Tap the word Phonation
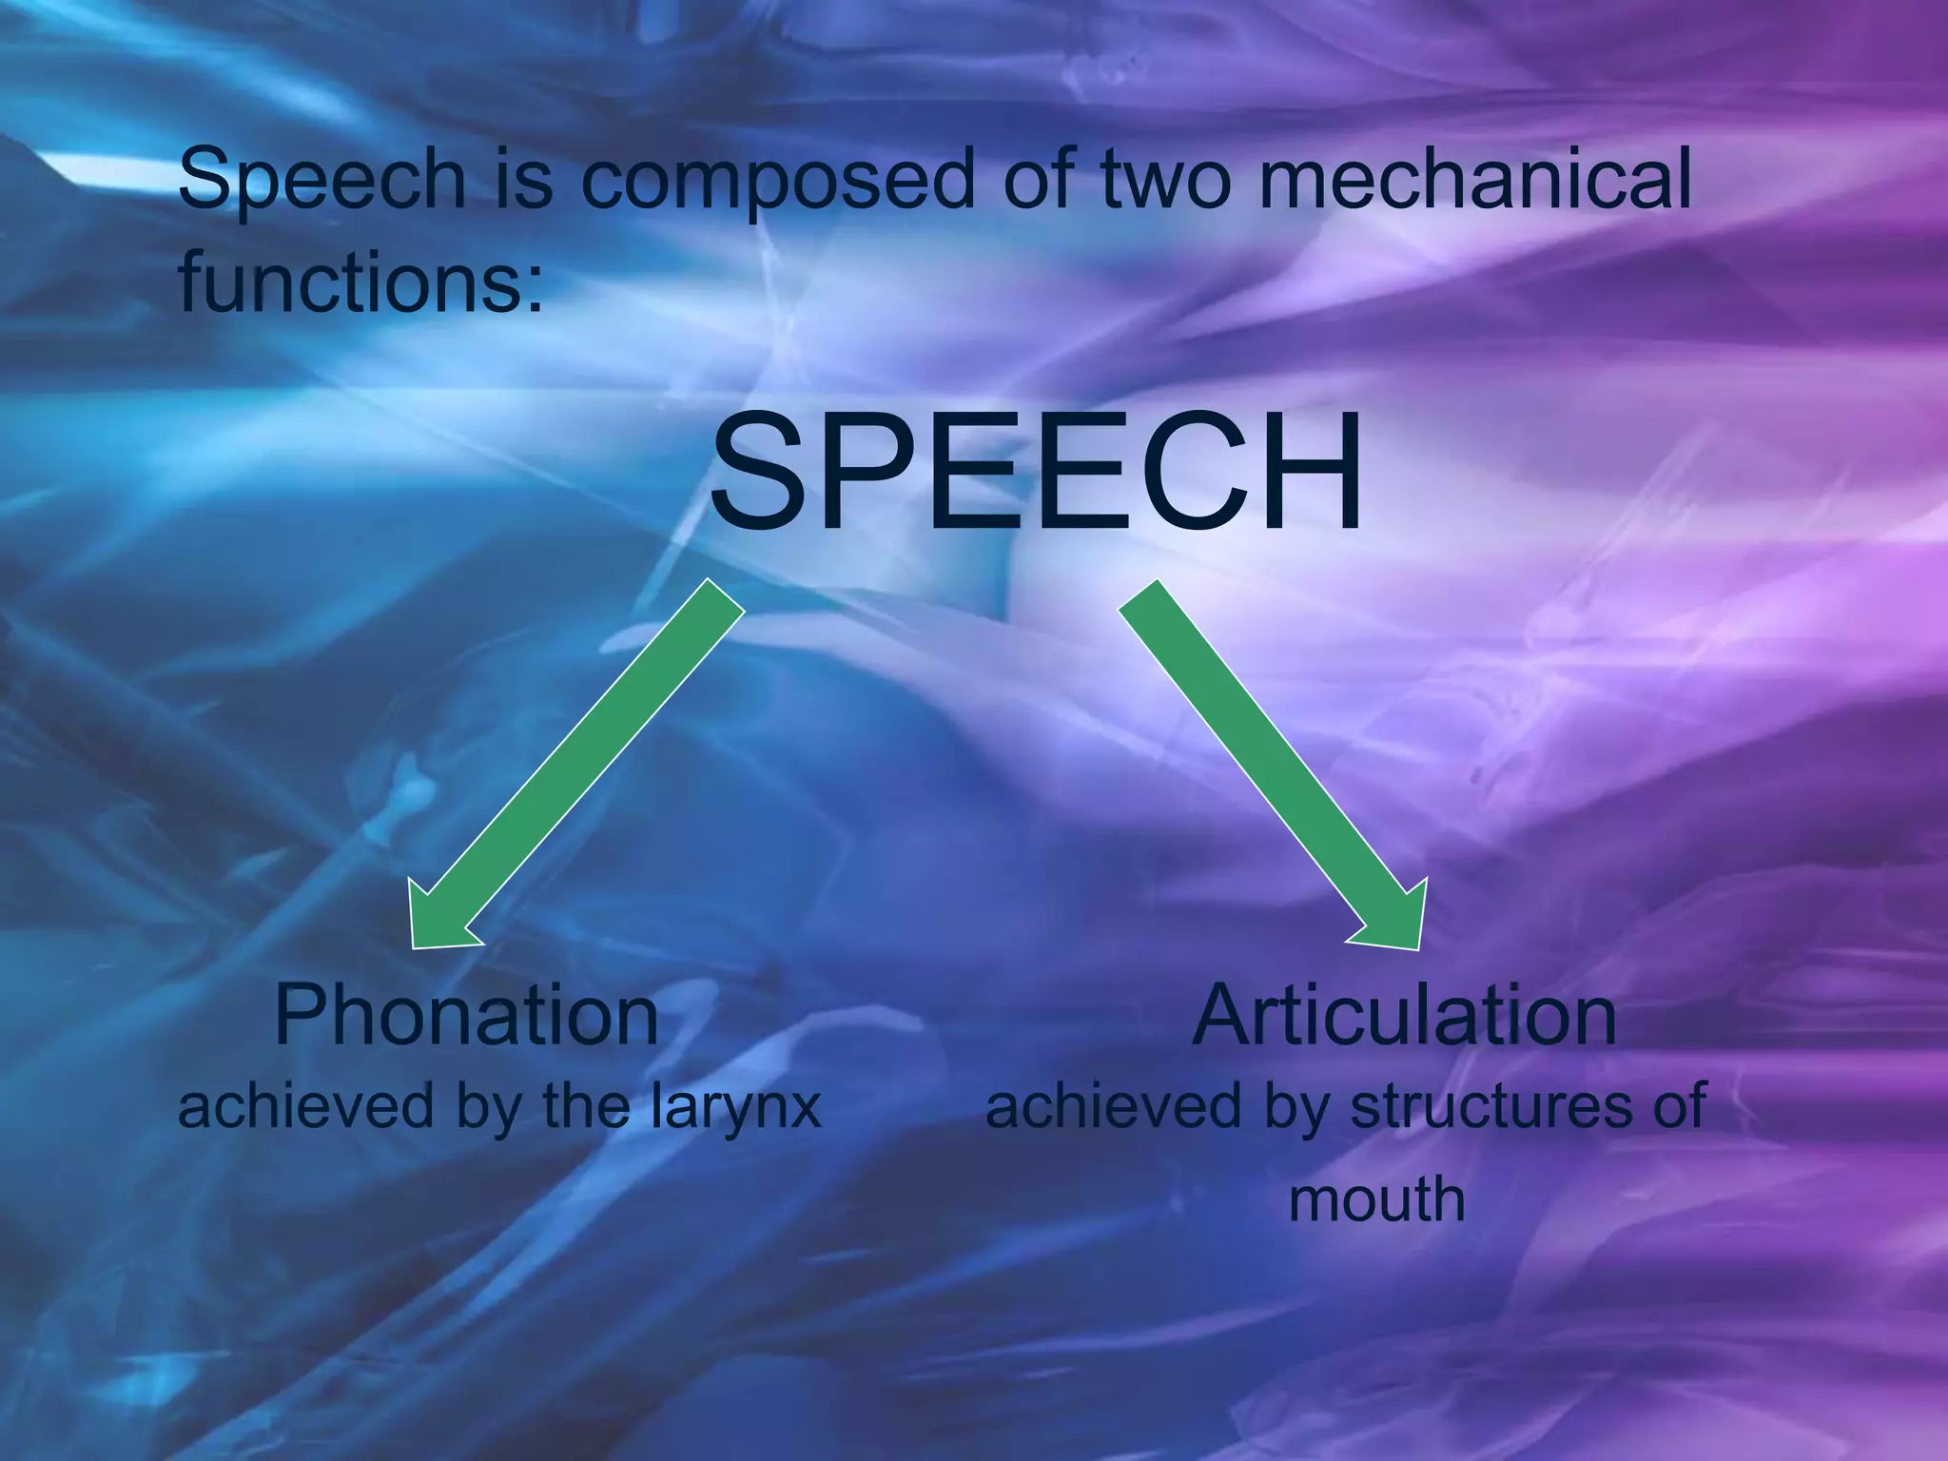pyautogui.click(x=466, y=1016)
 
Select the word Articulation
pyautogui.click(x=1404, y=1016)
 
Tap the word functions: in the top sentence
pyautogui.click(x=361, y=282)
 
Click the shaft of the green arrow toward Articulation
pyautogui.click(x=1256, y=751)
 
